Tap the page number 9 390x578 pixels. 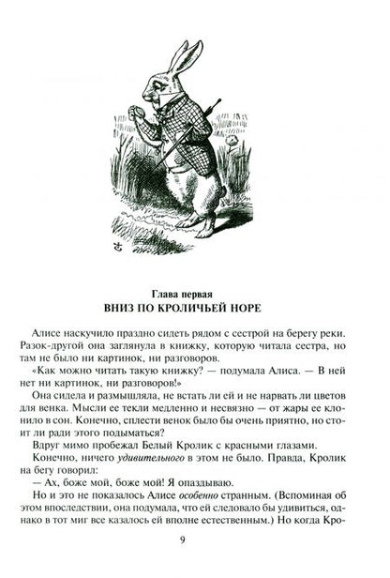194,560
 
